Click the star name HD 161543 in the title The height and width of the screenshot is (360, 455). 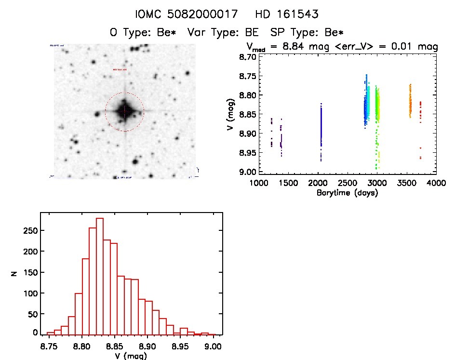pyautogui.click(x=287, y=14)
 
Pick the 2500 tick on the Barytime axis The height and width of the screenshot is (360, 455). pyautogui.click(x=348, y=184)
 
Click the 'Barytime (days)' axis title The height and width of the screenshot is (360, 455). pyautogui.click(x=347, y=193)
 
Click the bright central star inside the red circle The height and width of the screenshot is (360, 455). pyautogui.click(x=124, y=111)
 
